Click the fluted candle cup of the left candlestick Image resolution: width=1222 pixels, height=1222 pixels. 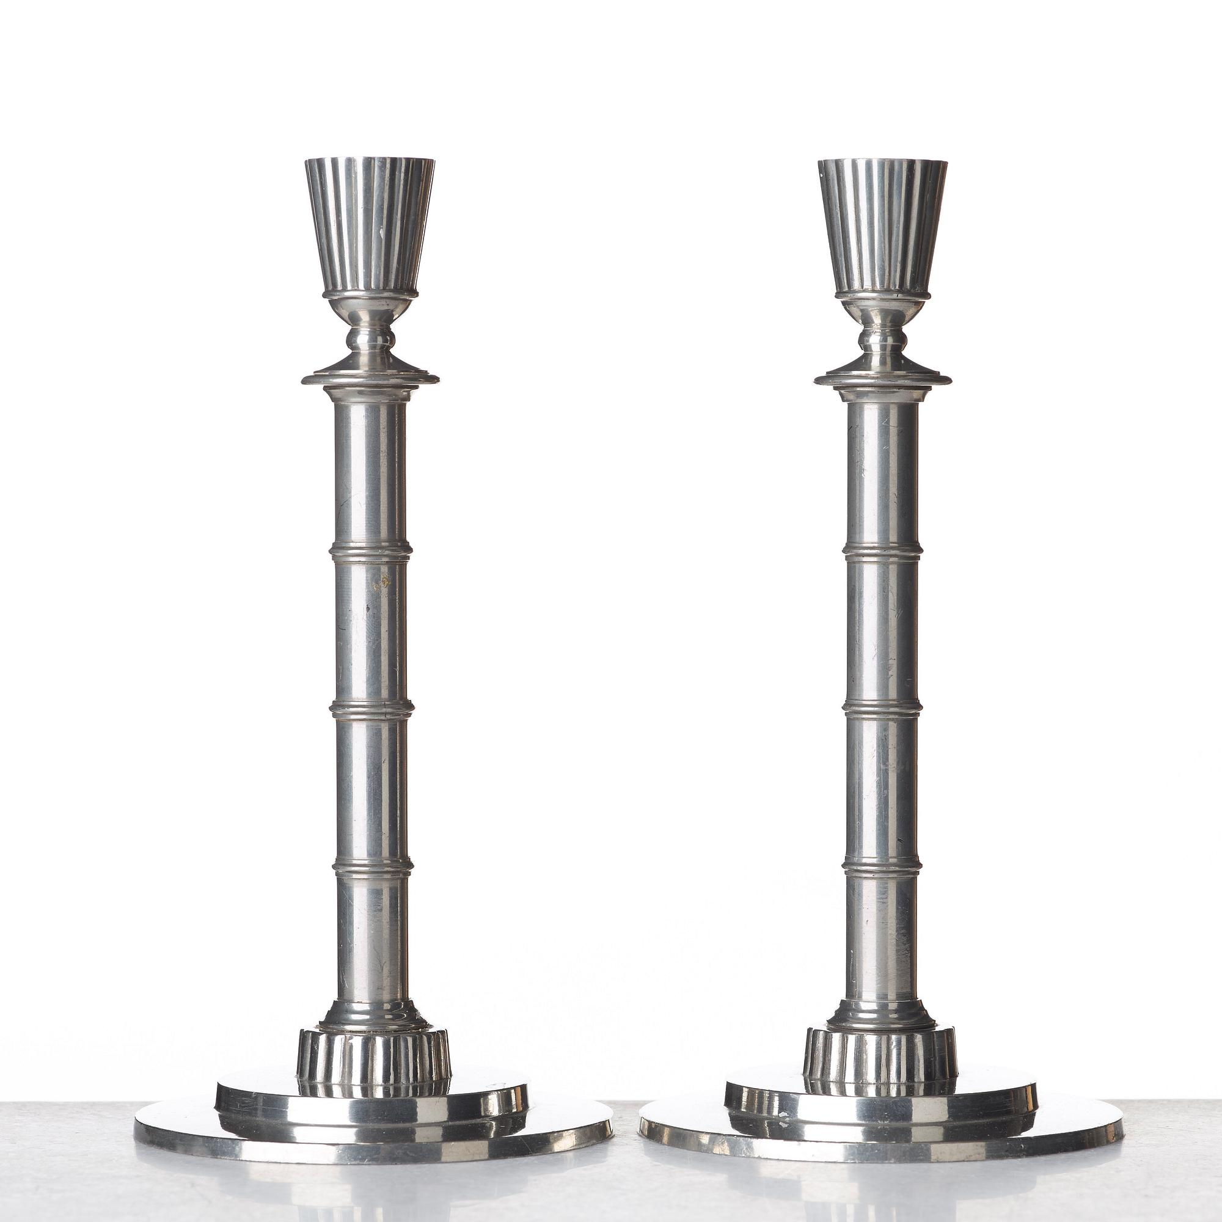370,228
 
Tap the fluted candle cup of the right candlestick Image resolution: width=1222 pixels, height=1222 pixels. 882,228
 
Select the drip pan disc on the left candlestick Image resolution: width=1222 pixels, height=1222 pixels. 370,378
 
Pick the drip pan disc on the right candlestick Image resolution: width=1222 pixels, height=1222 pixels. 882,378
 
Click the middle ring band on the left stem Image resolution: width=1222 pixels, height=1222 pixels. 371,709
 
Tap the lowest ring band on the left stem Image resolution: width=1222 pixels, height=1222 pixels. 373,866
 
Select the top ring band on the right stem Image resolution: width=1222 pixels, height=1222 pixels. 882,552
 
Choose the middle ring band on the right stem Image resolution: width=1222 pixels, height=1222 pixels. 882,709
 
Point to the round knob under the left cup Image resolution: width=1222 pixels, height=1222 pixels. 370,340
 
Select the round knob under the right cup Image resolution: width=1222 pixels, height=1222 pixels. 882,340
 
